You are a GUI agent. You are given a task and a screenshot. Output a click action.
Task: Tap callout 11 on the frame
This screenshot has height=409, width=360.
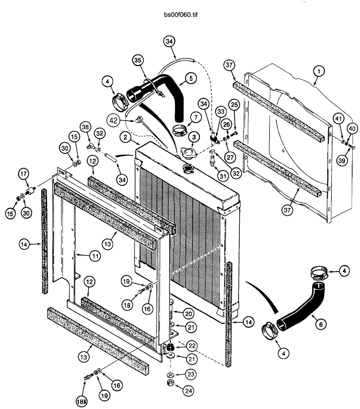tap(94, 256)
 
